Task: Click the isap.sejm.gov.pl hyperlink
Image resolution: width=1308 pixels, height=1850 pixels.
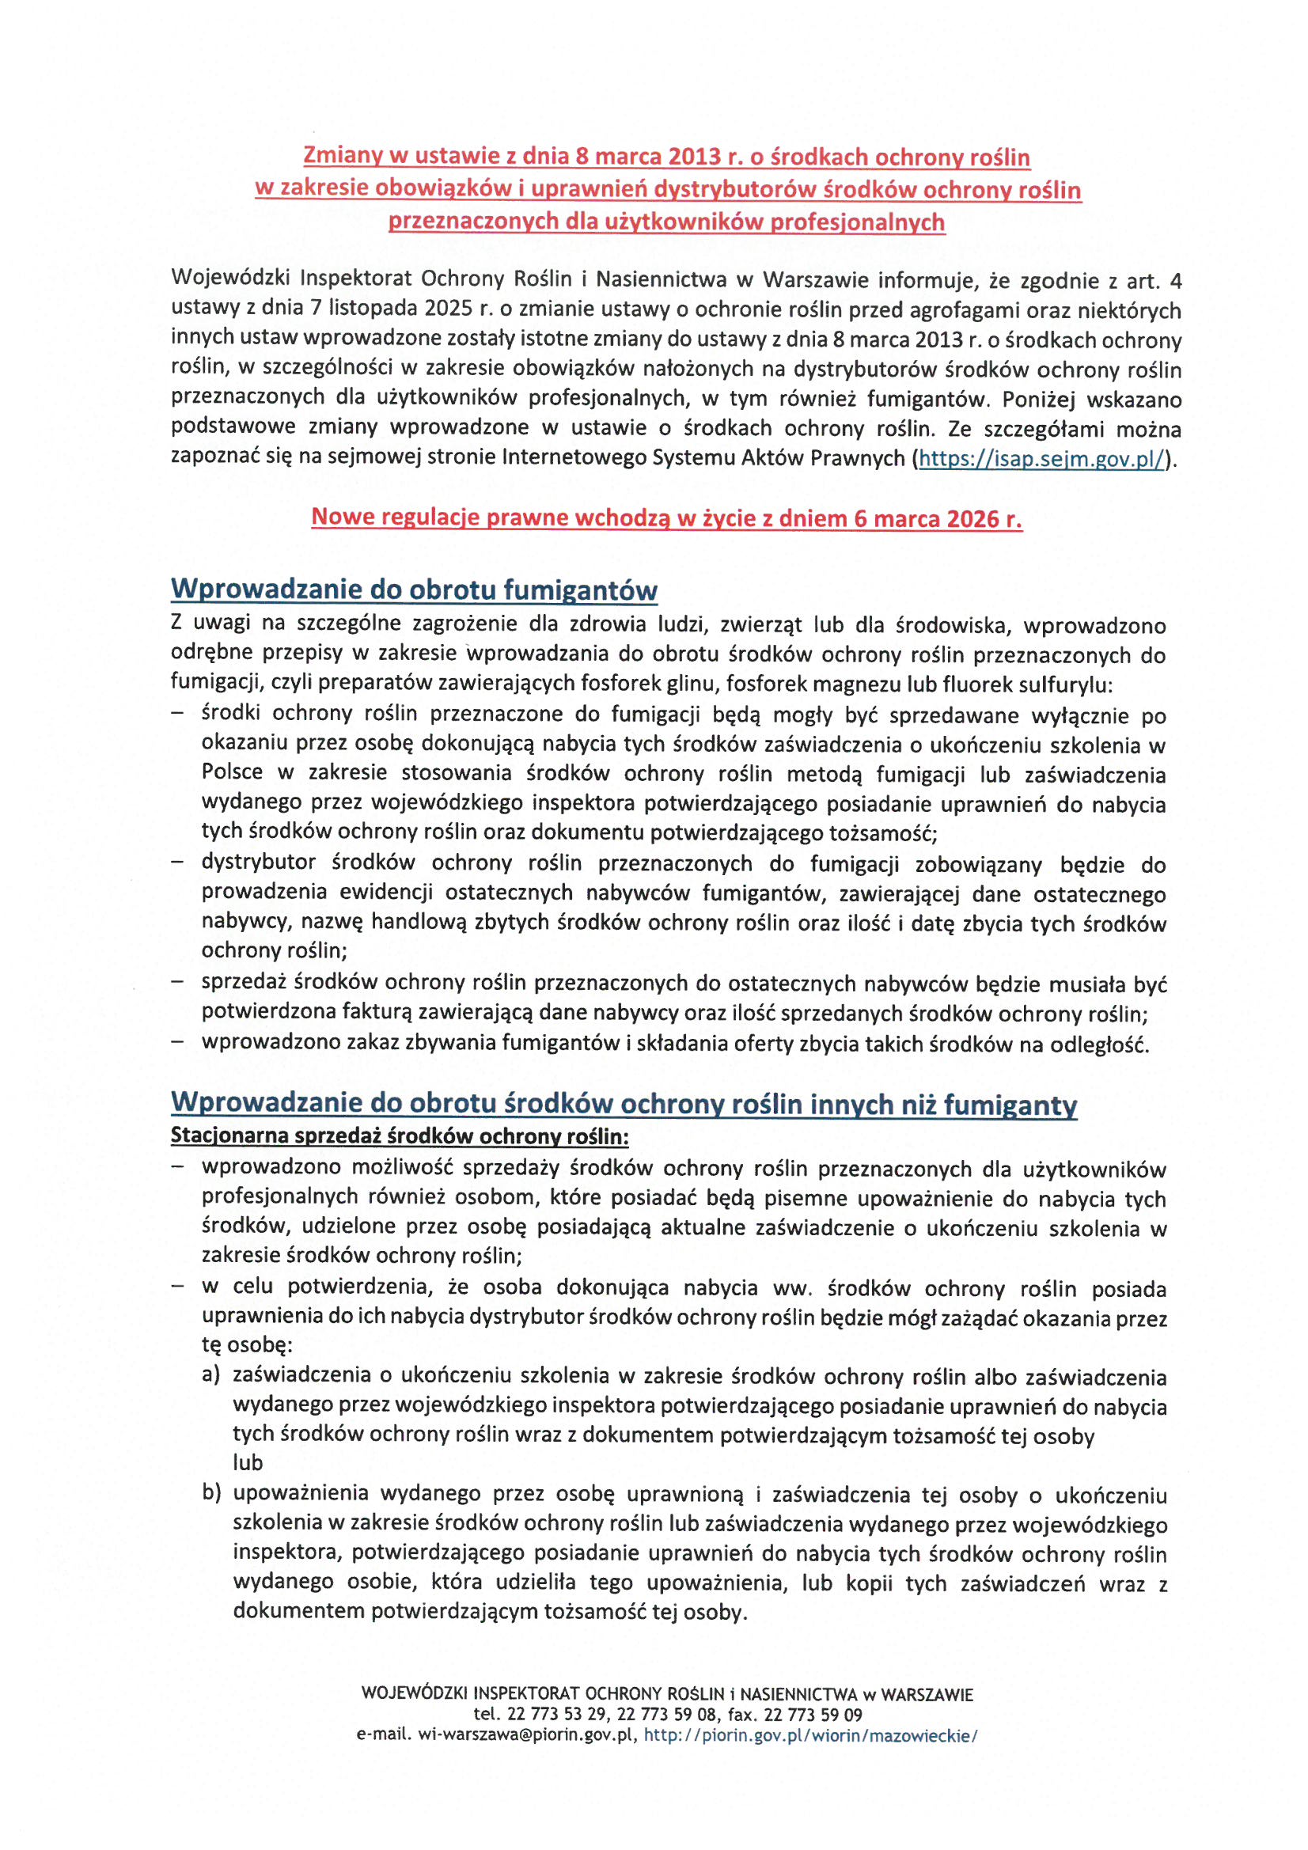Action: coord(1041,459)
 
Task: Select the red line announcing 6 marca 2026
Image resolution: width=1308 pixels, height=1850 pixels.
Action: coord(666,517)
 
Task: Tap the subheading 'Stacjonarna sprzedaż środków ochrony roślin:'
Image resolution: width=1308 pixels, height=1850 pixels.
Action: coord(400,1137)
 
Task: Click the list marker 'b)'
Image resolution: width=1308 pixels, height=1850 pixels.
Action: coord(211,1492)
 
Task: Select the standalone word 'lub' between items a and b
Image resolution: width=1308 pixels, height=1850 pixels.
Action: coord(248,1462)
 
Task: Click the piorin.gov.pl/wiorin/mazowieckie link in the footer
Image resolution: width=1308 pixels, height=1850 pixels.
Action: coord(810,1735)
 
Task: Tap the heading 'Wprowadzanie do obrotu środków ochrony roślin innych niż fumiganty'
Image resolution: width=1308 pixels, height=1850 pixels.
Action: coord(623,1104)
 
